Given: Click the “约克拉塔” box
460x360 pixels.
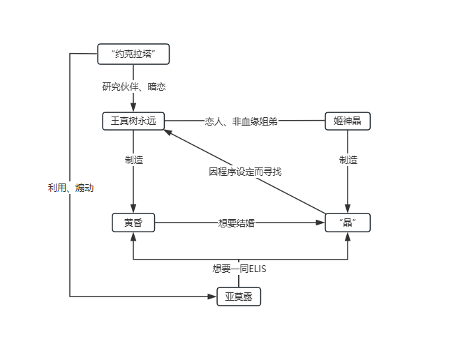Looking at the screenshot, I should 133,54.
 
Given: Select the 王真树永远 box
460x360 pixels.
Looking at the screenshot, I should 133,121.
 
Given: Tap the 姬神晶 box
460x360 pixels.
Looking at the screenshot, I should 347,121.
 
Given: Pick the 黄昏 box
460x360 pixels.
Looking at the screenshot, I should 133,223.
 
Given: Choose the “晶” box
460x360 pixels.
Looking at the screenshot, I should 347,223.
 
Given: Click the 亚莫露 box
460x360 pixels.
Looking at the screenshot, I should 239,297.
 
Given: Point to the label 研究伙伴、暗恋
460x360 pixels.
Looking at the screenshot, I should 133,87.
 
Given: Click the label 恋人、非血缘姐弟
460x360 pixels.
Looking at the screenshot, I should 241,121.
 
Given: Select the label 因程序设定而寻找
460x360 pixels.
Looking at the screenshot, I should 245,172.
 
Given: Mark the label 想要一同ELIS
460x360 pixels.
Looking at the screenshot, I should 239,268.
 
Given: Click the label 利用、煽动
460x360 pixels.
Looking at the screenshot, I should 71,188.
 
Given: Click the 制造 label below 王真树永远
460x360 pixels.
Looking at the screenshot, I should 133,160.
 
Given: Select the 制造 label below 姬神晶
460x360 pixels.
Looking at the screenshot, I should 348,160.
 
